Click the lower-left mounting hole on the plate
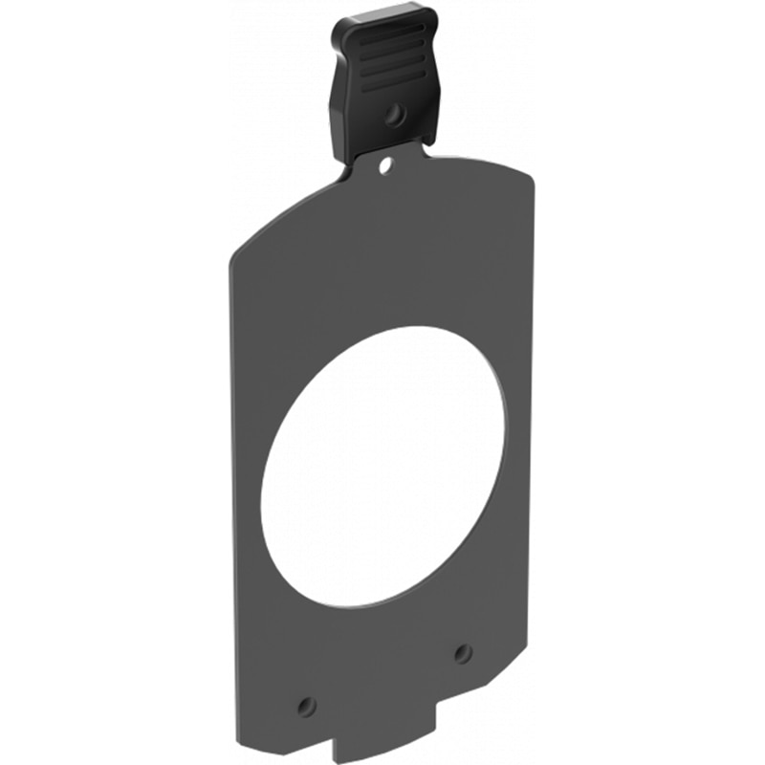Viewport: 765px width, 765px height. (306, 706)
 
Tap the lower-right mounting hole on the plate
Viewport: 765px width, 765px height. (463, 653)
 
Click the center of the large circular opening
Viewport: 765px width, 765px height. (382, 467)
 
